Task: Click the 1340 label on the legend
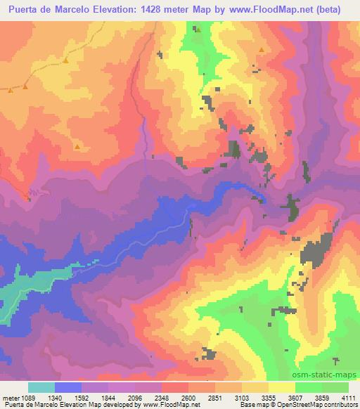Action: pos(56,397)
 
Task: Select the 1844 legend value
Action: pos(109,397)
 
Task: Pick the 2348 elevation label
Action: pos(162,397)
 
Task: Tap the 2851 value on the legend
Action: pos(216,397)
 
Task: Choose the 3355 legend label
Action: pos(269,397)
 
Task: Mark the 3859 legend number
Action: pos(322,397)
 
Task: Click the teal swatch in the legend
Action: pos(41,387)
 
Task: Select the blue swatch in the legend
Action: pos(68,387)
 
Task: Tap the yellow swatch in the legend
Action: pos(282,387)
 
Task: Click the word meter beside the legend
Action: pos(10,397)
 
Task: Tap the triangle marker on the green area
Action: pos(198,30)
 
